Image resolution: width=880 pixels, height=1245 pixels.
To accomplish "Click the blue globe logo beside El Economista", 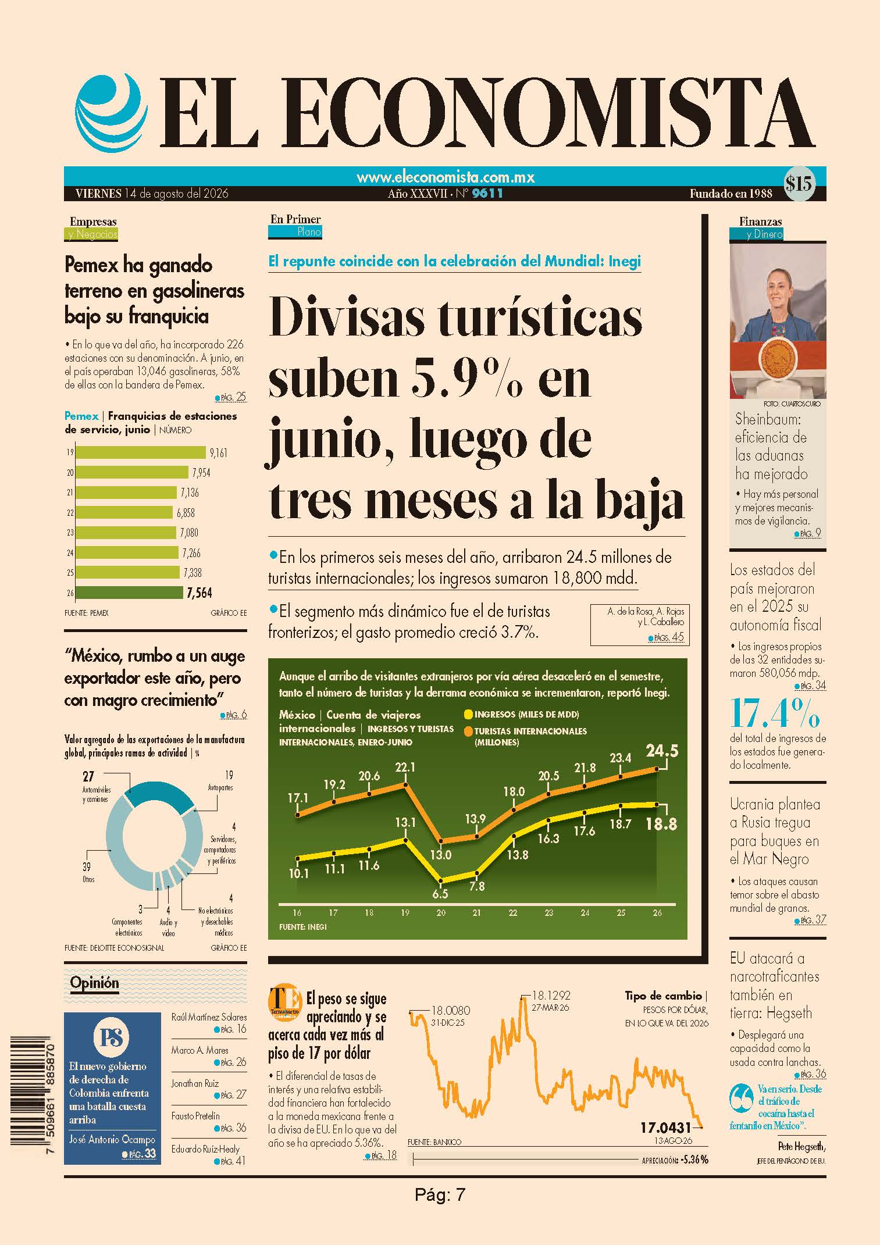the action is point(109,113).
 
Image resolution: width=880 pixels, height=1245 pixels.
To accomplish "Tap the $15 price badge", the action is point(799,184).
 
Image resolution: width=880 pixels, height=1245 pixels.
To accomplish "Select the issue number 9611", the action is point(487,194).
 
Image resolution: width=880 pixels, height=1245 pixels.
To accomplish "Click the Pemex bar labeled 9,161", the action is point(141,452).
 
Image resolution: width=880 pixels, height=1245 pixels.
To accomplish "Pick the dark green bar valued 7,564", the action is point(129,593).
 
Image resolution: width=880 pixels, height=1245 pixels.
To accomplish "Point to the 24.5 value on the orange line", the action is point(662,751).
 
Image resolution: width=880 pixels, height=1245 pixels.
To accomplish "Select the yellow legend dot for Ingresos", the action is point(468,714).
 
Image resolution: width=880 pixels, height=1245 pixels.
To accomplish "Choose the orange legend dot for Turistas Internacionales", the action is point(468,731).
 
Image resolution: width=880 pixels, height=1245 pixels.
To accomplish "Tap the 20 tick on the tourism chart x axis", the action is point(441,913).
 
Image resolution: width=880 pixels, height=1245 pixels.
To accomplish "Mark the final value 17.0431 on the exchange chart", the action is point(665,1128).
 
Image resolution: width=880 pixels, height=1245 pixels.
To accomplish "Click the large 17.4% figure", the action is point(775,713).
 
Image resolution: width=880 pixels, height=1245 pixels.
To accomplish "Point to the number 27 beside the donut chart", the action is point(88,776).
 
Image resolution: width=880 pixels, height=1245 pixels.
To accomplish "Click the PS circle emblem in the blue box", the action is point(112,1038).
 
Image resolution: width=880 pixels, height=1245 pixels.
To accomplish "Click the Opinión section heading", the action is point(94,983).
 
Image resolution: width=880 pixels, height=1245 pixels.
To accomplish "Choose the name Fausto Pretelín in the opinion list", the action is point(195,1116).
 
